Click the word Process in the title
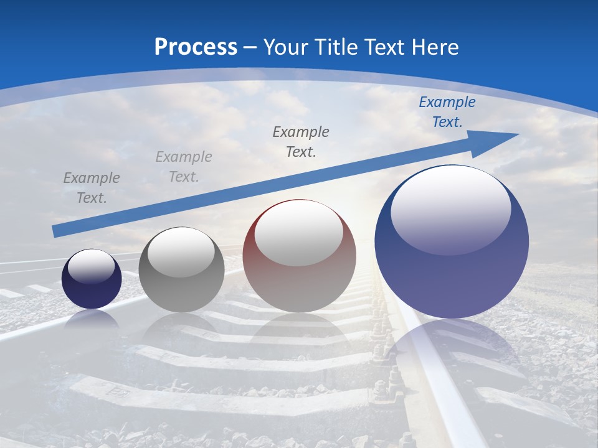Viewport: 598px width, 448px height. (x=196, y=47)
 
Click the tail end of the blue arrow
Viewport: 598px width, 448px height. (x=56, y=231)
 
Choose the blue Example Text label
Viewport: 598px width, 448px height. (x=447, y=112)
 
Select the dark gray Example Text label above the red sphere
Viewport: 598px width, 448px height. (x=301, y=141)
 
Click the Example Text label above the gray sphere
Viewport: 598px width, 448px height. (x=184, y=167)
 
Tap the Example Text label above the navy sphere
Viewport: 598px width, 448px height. (x=92, y=188)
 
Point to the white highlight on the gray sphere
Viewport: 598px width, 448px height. (x=181, y=251)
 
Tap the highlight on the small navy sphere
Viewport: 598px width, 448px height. (x=91, y=266)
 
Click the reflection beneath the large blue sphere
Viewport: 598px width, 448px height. (x=452, y=348)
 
